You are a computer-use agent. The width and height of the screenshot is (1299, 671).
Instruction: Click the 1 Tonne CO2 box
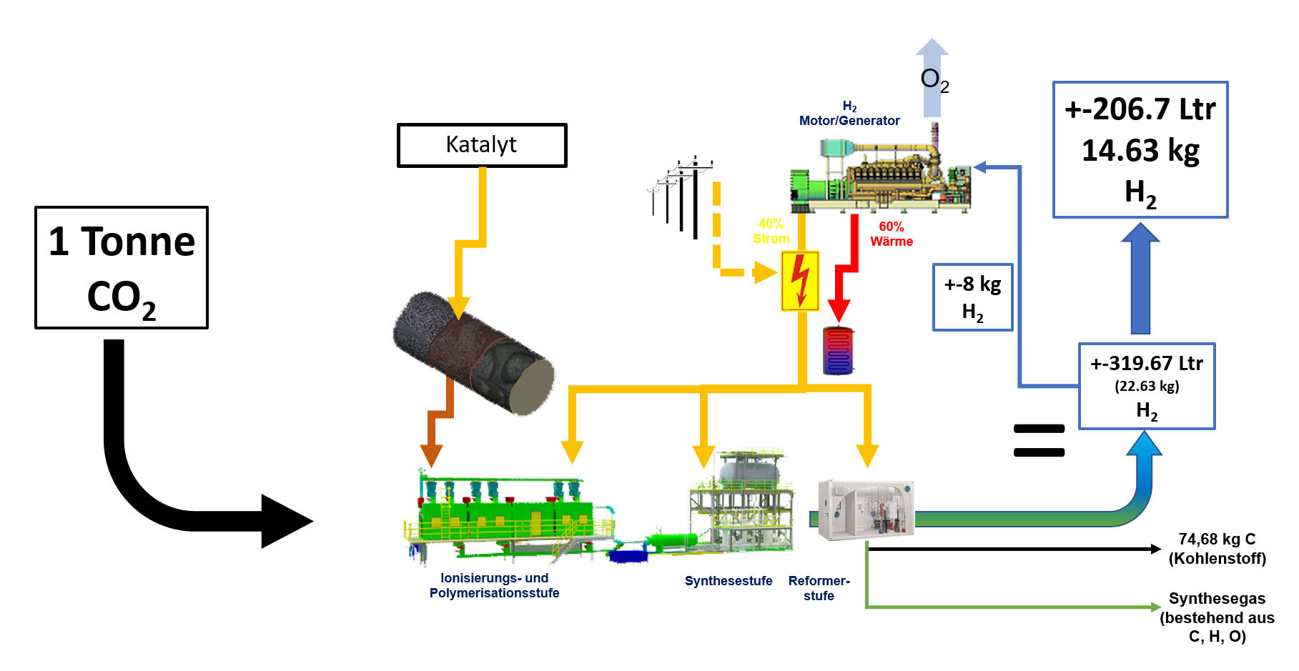click(x=122, y=268)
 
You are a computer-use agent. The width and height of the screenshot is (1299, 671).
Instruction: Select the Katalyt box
click(x=482, y=145)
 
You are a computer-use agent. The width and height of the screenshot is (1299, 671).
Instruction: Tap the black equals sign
click(x=1039, y=440)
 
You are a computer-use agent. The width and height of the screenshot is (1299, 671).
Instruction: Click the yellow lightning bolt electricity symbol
click(x=800, y=281)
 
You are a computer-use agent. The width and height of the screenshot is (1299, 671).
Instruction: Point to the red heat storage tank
click(x=838, y=351)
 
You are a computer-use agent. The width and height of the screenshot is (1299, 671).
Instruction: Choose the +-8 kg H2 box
click(x=972, y=297)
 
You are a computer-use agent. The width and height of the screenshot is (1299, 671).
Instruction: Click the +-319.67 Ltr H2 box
click(x=1146, y=386)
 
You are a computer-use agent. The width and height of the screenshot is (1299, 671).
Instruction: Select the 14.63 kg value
click(x=1140, y=151)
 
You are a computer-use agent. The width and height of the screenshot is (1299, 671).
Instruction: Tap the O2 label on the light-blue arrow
click(x=934, y=80)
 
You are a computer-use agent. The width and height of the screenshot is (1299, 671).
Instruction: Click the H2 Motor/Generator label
click(x=849, y=114)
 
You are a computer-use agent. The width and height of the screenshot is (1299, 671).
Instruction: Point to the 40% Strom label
click(x=771, y=232)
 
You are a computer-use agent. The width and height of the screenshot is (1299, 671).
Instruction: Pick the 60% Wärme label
click(x=891, y=234)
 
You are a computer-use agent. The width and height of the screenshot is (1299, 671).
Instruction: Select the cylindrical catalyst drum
click(x=473, y=352)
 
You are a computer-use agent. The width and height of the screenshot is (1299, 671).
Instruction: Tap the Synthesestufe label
click(x=728, y=581)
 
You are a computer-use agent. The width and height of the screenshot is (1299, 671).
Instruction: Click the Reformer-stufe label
click(x=819, y=588)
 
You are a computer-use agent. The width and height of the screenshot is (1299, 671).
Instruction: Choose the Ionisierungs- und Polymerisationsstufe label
click(x=494, y=585)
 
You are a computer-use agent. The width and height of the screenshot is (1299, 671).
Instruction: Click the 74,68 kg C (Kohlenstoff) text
click(x=1217, y=549)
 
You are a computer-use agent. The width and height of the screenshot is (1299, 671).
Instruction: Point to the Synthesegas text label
click(x=1217, y=617)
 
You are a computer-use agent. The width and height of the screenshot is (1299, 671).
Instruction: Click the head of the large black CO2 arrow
click(x=286, y=522)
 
